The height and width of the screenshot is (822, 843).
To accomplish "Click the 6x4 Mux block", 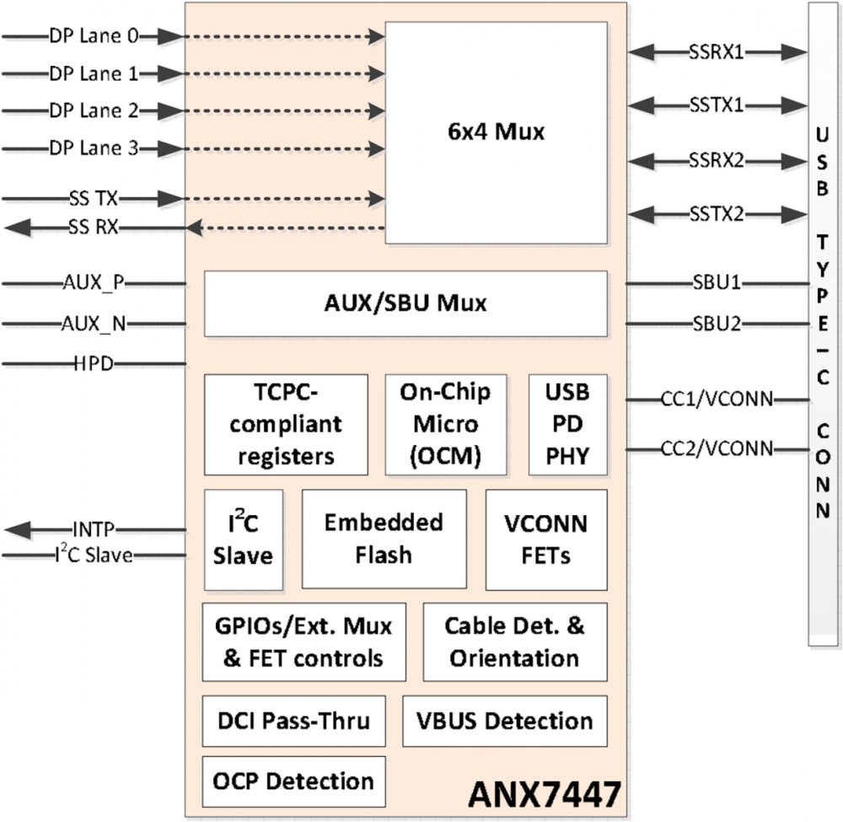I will (496, 132).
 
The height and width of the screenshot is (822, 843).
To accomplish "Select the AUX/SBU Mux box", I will (405, 304).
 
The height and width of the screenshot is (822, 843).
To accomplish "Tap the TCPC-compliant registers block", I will (286, 424).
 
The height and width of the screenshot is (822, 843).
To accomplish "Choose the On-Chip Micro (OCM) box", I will (446, 424).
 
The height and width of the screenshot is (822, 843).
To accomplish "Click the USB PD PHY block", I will (567, 424).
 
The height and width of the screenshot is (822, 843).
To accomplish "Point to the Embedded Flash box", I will (384, 538).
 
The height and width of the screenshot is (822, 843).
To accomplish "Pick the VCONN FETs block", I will (545, 539).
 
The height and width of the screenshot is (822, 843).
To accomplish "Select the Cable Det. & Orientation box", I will (514, 642).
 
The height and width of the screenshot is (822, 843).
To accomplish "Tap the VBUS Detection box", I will (504, 721).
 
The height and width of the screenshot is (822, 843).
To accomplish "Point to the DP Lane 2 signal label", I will (94, 110).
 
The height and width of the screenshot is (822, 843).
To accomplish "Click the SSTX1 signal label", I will (716, 105).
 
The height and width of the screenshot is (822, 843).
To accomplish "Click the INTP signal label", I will (93, 529).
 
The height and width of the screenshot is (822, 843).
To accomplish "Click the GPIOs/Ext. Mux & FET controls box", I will (303, 642).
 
